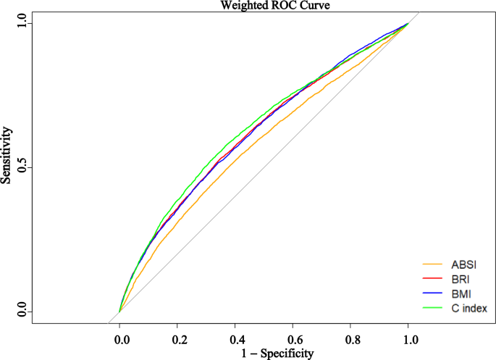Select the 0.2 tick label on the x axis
pos(177,337)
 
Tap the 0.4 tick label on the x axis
pos(235,337)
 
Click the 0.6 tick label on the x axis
pos(293,337)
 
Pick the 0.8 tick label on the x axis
pos(351,337)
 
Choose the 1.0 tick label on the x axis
pos(409,337)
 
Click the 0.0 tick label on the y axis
pos(24,312)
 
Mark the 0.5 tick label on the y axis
pos(24,167)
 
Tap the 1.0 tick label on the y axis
pos(24,23)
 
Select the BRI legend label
pos(457,278)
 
